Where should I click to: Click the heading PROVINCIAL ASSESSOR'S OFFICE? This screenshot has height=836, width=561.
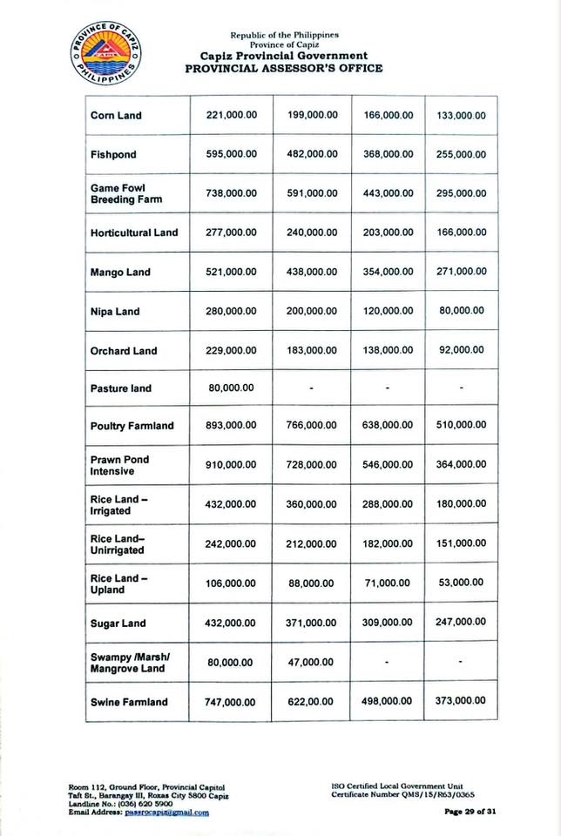point(283,69)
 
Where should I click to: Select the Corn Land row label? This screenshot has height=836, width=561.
point(116,115)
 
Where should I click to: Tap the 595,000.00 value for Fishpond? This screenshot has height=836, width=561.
point(232,154)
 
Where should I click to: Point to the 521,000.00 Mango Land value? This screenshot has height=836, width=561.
point(232,272)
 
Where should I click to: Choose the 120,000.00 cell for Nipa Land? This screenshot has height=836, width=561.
point(389,311)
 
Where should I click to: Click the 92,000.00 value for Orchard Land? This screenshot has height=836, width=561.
point(462,350)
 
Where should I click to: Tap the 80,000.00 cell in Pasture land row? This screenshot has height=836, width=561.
point(232,388)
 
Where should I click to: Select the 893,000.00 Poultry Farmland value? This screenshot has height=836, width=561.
point(232,426)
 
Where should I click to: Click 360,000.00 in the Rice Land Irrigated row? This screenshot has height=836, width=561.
point(311,504)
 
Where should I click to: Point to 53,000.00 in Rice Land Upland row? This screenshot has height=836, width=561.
point(462,583)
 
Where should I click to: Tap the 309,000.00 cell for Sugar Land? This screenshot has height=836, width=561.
point(389,624)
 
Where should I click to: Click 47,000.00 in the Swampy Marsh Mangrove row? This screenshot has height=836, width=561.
point(311,663)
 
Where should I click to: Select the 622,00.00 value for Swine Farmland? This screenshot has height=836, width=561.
point(311,702)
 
